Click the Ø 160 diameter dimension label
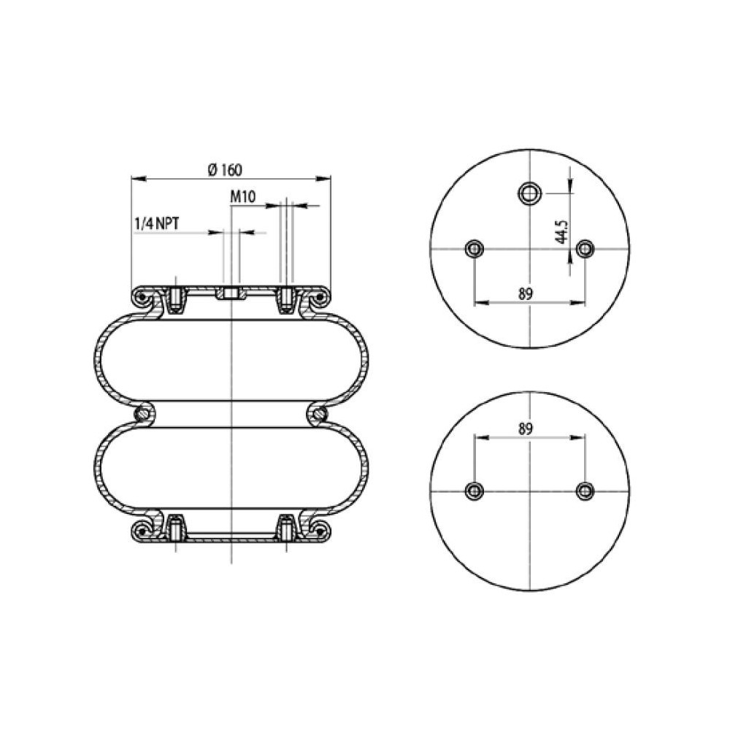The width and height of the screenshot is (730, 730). click(x=224, y=169)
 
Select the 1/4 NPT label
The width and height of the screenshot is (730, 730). click(x=157, y=223)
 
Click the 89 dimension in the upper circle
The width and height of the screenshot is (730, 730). click(x=525, y=293)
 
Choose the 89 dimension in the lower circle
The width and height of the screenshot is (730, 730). click(x=525, y=429)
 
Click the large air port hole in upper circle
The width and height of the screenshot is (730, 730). click(x=529, y=193)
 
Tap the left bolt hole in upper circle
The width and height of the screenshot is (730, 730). click(x=474, y=249)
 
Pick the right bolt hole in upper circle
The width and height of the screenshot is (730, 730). click(x=583, y=249)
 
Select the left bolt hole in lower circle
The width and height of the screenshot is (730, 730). click(x=474, y=490)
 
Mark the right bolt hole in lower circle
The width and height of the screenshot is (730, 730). click(x=583, y=490)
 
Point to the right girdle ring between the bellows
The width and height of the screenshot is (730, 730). click(x=318, y=414)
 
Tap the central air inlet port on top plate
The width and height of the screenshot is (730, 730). click(x=231, y=294)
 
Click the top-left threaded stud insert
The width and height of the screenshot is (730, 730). click(x=175, y=299)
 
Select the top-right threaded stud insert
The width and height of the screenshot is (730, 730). click(x=286, y=299)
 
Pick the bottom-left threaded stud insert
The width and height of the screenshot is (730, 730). click(x=175, y=526)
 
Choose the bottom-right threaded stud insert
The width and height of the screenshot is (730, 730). click(x=286, y=526)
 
